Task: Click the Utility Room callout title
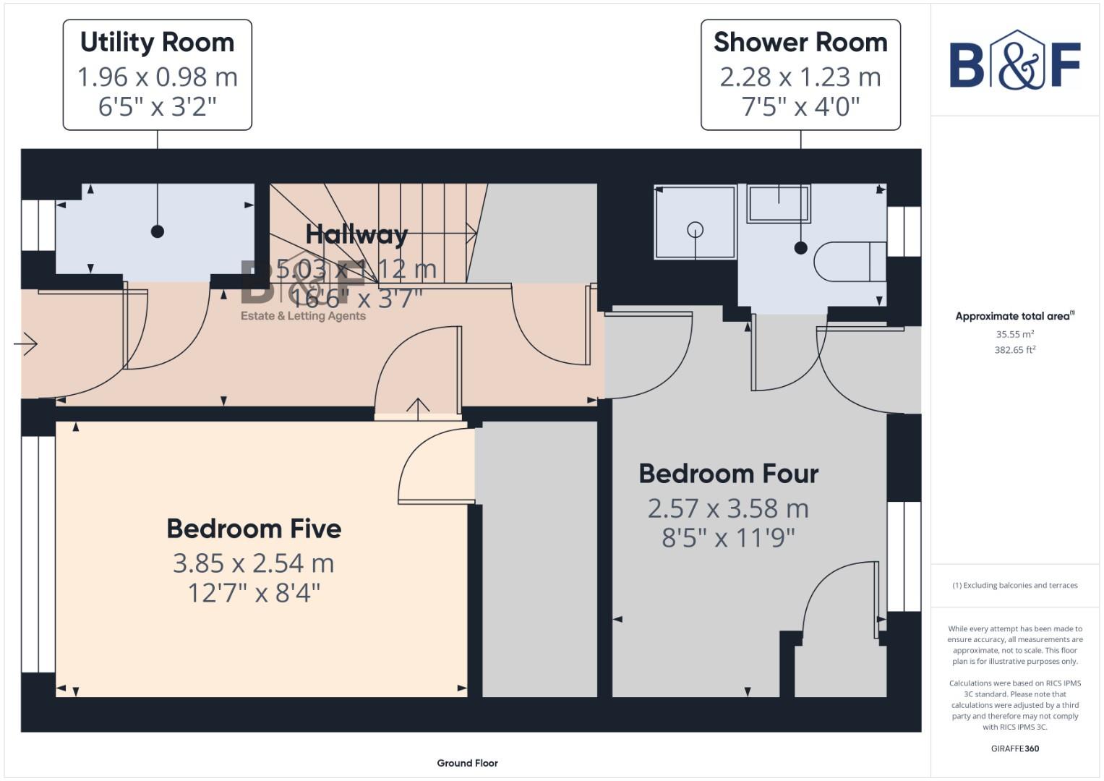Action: [157, 43]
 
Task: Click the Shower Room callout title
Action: [800, 43]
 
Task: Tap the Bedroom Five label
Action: [254, 529]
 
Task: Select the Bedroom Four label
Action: [728, 474]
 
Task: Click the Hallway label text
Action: [356, 234]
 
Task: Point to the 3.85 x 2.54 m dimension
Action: [253, 563]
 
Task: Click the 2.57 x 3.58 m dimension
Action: [728, 508]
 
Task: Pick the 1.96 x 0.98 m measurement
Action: [157, 77]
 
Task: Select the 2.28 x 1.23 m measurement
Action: [800, 77]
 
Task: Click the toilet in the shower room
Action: [849, 262]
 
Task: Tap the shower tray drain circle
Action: [695, 230]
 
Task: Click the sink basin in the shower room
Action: [778, 202]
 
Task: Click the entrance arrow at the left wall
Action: [26, 343]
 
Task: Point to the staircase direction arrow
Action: [471, 233]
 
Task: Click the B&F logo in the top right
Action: [1014, 61]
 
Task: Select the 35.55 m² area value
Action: [1014, 334]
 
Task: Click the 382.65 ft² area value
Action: [1014, 350]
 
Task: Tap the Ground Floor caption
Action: [467, 763]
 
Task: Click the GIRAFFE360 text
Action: [1014, 748]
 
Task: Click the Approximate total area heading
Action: [1014, 316]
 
